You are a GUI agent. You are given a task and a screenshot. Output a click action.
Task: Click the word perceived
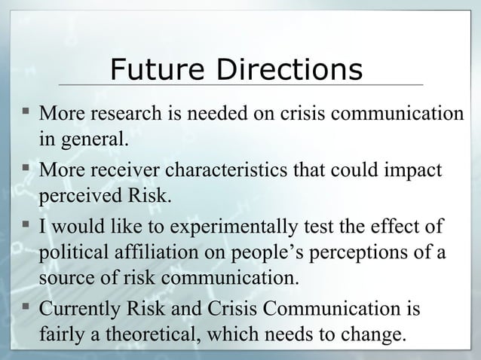(x=75, y=197)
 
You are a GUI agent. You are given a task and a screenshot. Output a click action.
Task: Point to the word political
(x=69, y=252)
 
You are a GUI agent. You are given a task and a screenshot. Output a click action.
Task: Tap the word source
(x=63, y=276)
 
